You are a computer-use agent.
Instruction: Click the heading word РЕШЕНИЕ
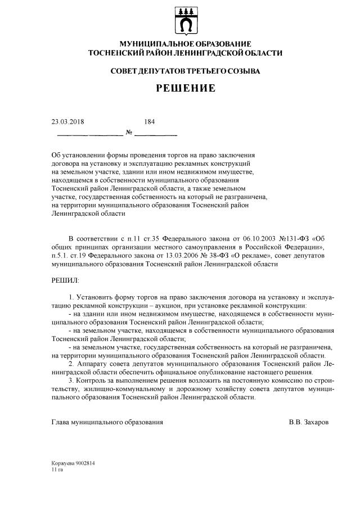[x=186, y=89]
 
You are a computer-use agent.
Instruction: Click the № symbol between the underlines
[x=129, y=133]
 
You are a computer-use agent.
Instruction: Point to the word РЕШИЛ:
[x=65, y=279]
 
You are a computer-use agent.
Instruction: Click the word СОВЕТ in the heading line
[x=125, y=71]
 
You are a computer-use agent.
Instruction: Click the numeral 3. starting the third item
[x=70, y=381]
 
